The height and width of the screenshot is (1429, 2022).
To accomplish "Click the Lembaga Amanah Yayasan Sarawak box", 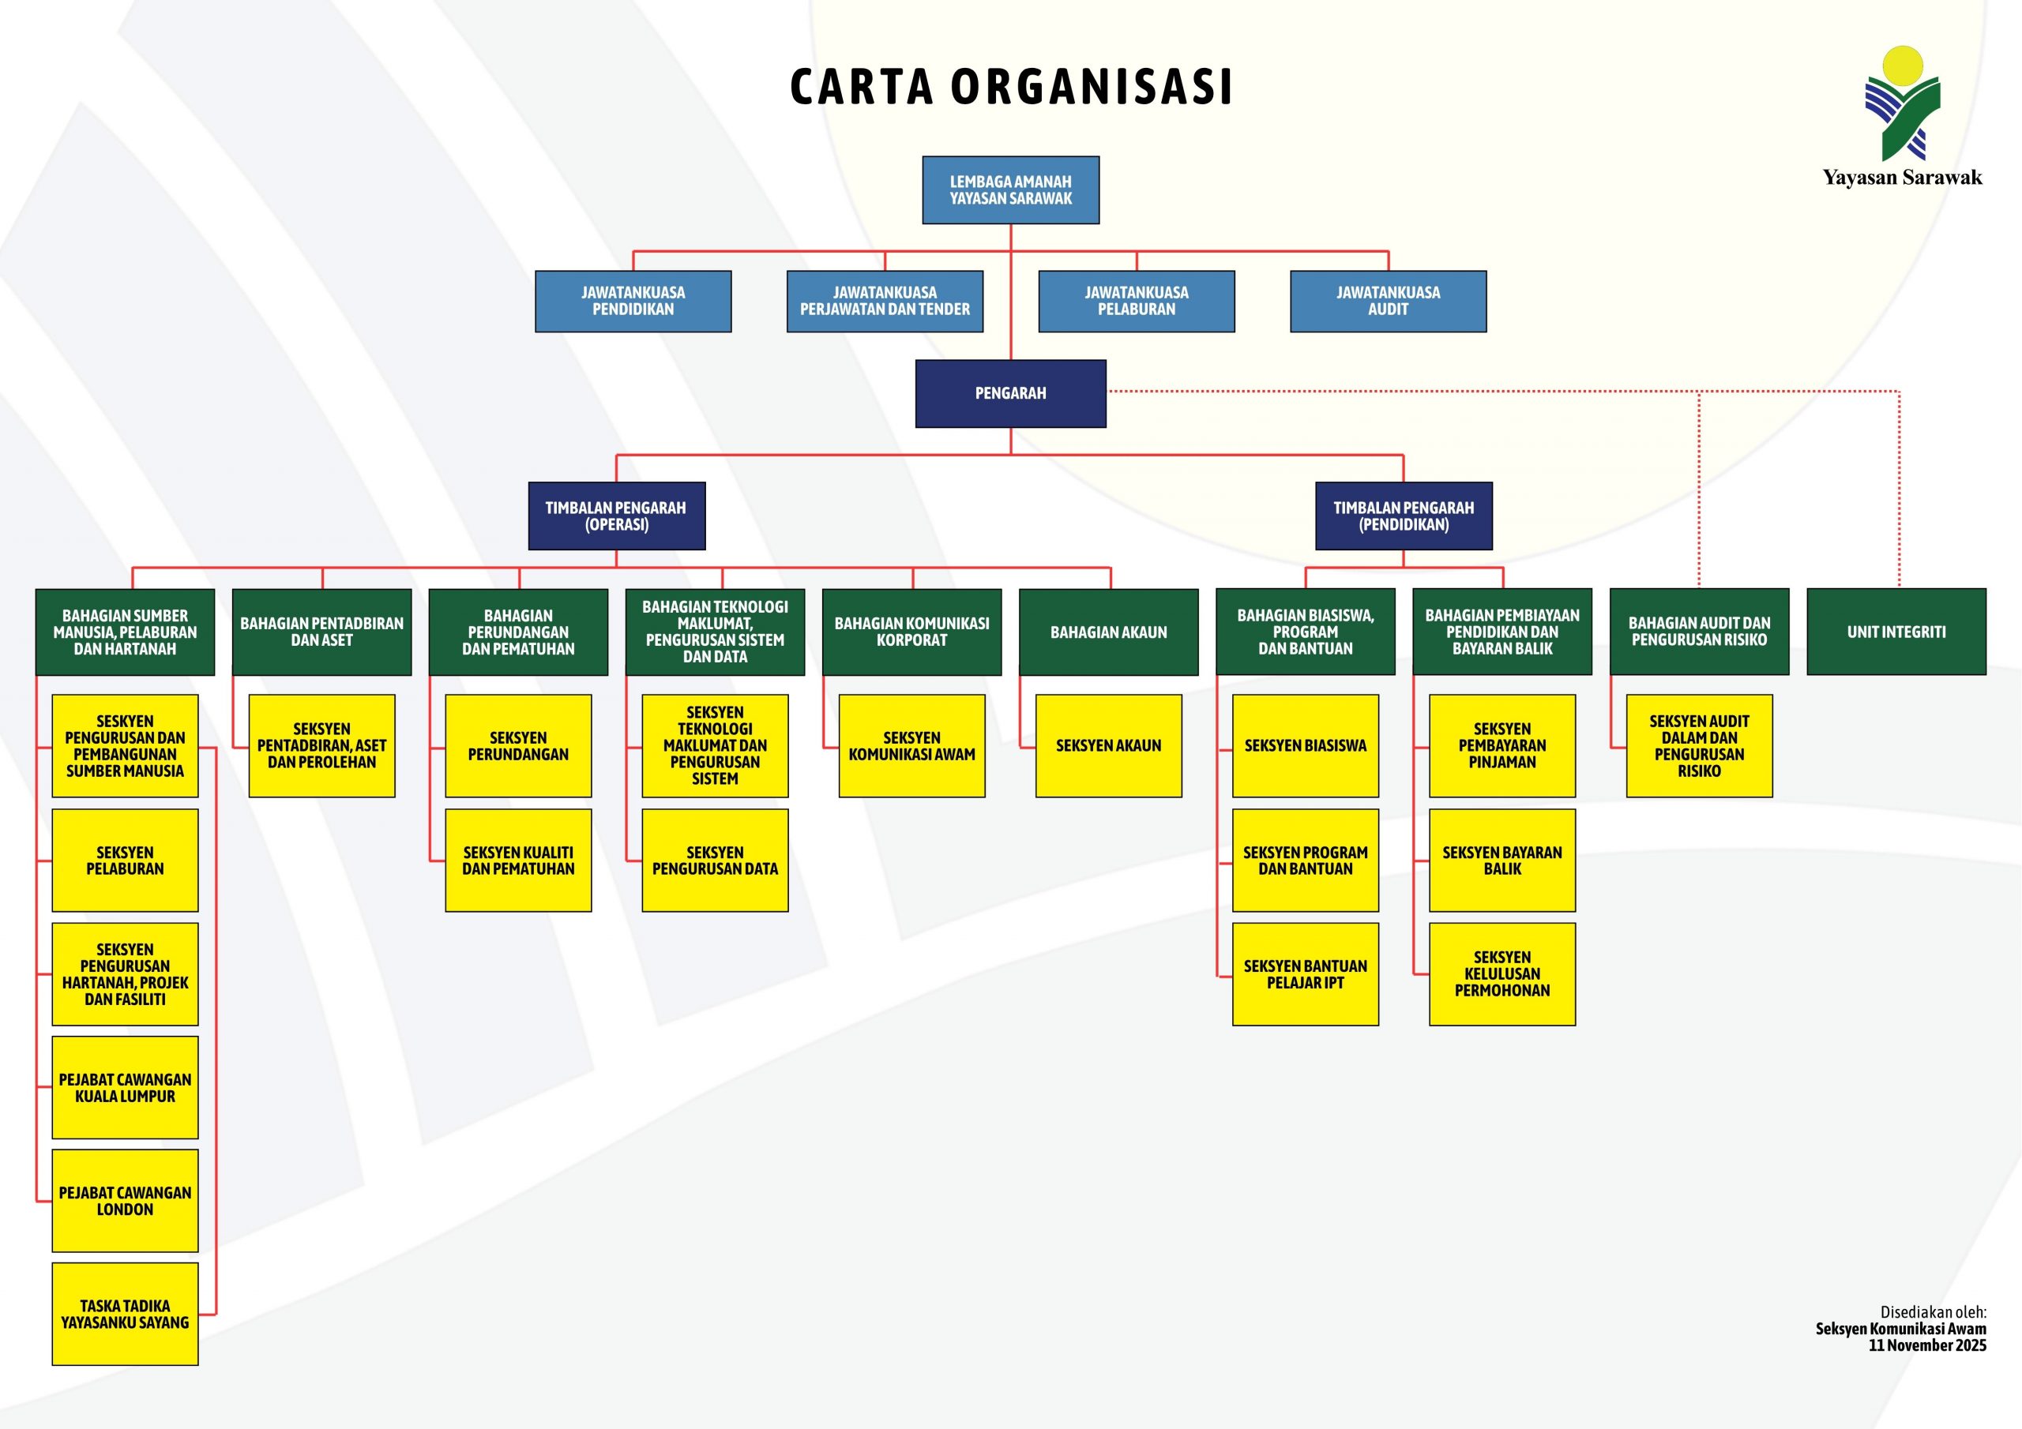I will click(x=1010, y=190).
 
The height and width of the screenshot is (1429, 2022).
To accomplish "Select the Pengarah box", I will click(x=1010, y=394).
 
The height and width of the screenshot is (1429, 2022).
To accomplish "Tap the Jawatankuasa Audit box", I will click(x=1388, y=301).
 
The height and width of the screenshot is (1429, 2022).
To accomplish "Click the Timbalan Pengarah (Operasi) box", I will click(x=616, y=516).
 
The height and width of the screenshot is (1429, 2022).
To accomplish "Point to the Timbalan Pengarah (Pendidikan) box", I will click(x=1403, y=516).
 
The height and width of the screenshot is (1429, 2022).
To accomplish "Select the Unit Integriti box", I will click(x=1896, y=632).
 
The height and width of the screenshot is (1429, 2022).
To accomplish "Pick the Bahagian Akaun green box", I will click(x=1108, y=632).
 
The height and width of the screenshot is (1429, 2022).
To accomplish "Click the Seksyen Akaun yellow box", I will click(x=1108, y=746).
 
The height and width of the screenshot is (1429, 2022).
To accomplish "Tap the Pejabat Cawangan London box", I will click(x=125, y=1201).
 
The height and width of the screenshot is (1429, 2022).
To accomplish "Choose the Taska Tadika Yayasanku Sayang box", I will click(x=125, y=1314).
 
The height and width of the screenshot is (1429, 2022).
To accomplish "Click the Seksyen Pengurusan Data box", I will click(x=714, y=861).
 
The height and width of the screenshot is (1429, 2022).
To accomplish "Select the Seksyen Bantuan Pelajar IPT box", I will click(x=1305, y=973).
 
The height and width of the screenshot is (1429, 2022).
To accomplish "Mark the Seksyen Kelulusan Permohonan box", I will click(x=1501, y=973).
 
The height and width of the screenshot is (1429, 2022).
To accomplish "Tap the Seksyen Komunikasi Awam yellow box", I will click(x=911, y=746).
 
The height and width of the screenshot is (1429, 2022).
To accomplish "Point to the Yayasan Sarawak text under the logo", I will click(x=1902, y=178).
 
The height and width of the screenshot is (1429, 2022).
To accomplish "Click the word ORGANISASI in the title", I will click(x=1092, y=87).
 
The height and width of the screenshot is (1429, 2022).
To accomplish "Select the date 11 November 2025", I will click(x=1927, y=1345).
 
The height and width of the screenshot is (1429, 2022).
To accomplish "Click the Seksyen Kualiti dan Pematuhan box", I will click(x=518, y=861).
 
